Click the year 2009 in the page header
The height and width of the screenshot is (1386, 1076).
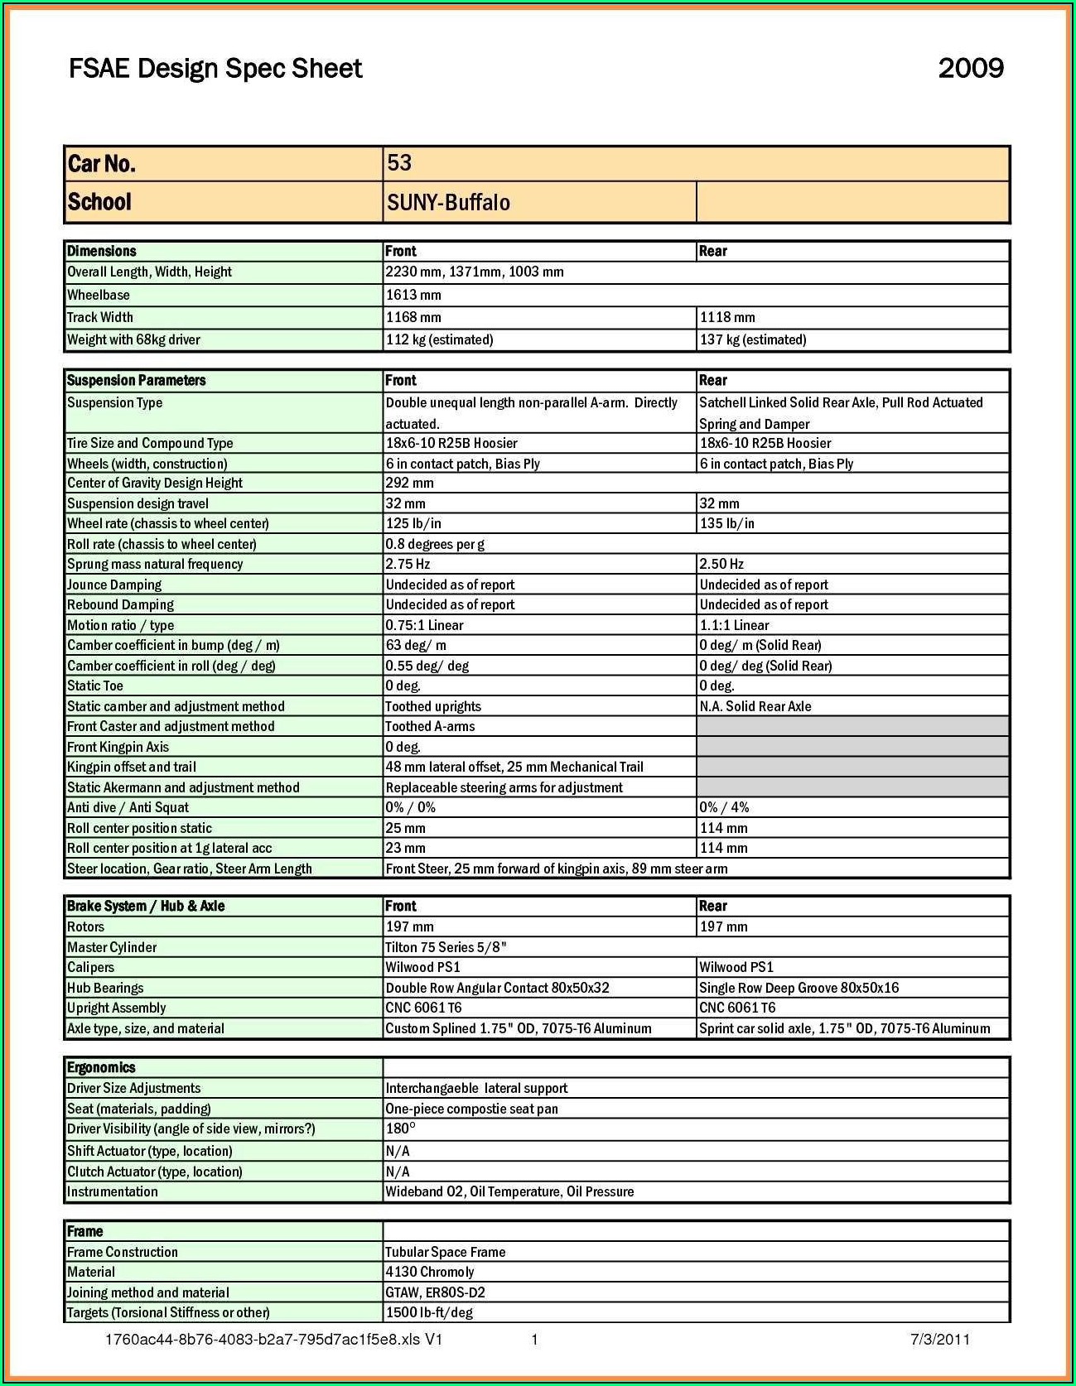click(971, 68)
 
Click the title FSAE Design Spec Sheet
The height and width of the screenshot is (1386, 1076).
click(215, 68)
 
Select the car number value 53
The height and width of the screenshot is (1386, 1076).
click(399, 163)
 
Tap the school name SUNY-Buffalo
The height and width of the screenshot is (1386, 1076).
click(448, 203)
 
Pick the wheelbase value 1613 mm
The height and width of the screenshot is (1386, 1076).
click(413, 295)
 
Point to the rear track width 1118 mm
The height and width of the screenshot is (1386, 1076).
click(727, 317)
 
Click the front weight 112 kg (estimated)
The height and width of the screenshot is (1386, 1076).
click(439, 339)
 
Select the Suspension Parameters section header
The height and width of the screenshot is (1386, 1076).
click(137, 381)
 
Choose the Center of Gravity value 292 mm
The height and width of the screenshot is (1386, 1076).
click(409, 483)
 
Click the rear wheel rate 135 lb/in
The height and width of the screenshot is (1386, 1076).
click(726, 523)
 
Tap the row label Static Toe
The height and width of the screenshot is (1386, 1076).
click(95, 686)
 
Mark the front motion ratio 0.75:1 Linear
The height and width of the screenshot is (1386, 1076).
click(424, 625)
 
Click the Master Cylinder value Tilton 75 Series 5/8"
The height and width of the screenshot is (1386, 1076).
click(446, 947)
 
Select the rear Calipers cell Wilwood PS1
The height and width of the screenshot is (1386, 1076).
click(736, 967)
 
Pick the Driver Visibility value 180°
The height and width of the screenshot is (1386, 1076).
click(400, 1129)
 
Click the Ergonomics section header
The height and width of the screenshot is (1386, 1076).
click(101, 1068)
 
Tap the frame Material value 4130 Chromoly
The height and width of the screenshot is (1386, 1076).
click(429, 1272)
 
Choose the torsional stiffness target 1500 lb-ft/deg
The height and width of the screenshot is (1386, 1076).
click(429, 1312)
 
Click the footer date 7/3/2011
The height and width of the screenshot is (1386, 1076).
click(940, 1340)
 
